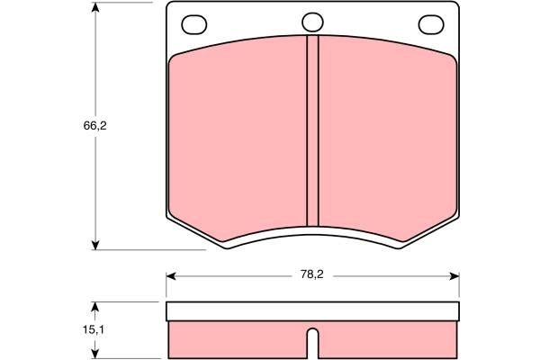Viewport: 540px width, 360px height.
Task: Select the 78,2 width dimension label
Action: click(312, 276)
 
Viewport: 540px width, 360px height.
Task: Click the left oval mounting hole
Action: click(193, 23)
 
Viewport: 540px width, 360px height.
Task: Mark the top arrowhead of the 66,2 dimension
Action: click(95, 7)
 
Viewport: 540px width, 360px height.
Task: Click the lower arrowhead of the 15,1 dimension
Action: click(95, 354)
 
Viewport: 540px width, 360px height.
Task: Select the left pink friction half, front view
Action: click(238, 135)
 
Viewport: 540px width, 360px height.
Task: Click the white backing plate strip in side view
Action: click(313, 312)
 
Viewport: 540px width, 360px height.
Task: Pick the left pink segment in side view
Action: click(238, 339)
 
